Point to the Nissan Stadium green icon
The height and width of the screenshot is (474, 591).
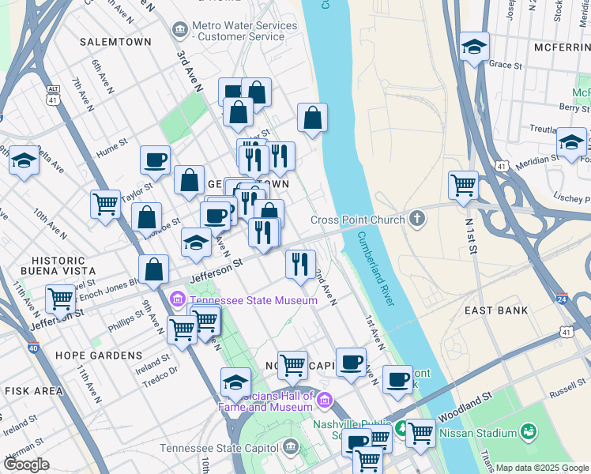click(x=527, y=432)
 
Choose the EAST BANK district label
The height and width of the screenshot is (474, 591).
click(x=496, y=310)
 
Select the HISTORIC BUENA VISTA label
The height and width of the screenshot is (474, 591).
click(x=58, y=266)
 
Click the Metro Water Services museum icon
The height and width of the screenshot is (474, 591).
click(x=179, y=30)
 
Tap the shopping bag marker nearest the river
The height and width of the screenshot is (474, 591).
click(x=313, y=118)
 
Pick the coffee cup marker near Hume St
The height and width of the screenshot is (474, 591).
click(x=155, y=160)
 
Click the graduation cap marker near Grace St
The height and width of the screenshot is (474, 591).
click(x=474, y=47)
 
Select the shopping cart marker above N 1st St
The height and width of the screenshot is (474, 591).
click(x=463, y=186)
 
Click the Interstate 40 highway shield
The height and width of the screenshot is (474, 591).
click(x=32, y=348)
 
